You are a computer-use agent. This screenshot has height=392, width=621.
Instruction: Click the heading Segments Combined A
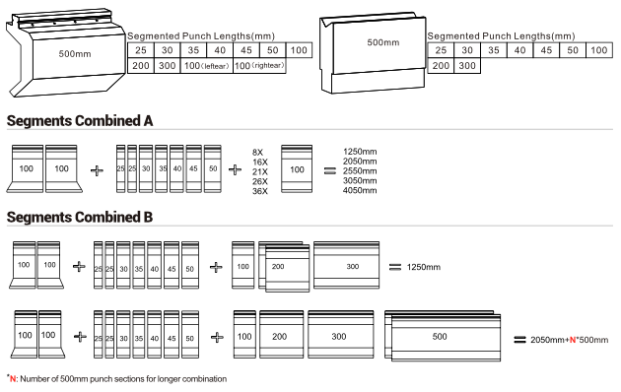pos(80,120)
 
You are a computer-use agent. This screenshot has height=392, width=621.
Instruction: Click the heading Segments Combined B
pos(80,217)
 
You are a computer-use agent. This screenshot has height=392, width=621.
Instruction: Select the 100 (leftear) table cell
pos(207,66)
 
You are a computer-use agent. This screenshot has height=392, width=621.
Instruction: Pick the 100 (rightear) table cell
pos(259,66)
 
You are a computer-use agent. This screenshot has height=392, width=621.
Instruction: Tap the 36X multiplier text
pos(260,191)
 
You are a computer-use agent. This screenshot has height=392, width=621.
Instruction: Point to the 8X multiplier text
pos(257,153)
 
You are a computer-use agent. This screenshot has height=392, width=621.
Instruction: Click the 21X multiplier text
pos(260,171)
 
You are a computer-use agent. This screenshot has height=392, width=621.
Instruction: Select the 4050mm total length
pos(360,190)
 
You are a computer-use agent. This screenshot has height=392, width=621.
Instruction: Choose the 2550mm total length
pos(360,170)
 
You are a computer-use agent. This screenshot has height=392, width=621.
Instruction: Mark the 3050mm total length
pos(360,181)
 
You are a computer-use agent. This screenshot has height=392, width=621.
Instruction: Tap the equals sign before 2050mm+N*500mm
pos(519,340)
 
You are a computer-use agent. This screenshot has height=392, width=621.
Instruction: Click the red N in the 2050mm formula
pos(573,340)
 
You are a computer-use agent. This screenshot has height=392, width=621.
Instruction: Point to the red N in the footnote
pos(13,379)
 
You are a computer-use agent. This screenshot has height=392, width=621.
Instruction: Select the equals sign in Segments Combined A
pos(330,170)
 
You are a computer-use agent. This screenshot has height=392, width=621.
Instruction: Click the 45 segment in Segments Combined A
pos(193,168)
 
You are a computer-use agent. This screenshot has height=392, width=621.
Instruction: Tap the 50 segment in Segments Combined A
pos(213,168)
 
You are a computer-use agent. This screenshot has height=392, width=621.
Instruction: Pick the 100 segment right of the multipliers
pos(297,168)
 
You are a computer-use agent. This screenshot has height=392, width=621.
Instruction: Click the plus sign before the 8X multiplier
pos(235,170)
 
